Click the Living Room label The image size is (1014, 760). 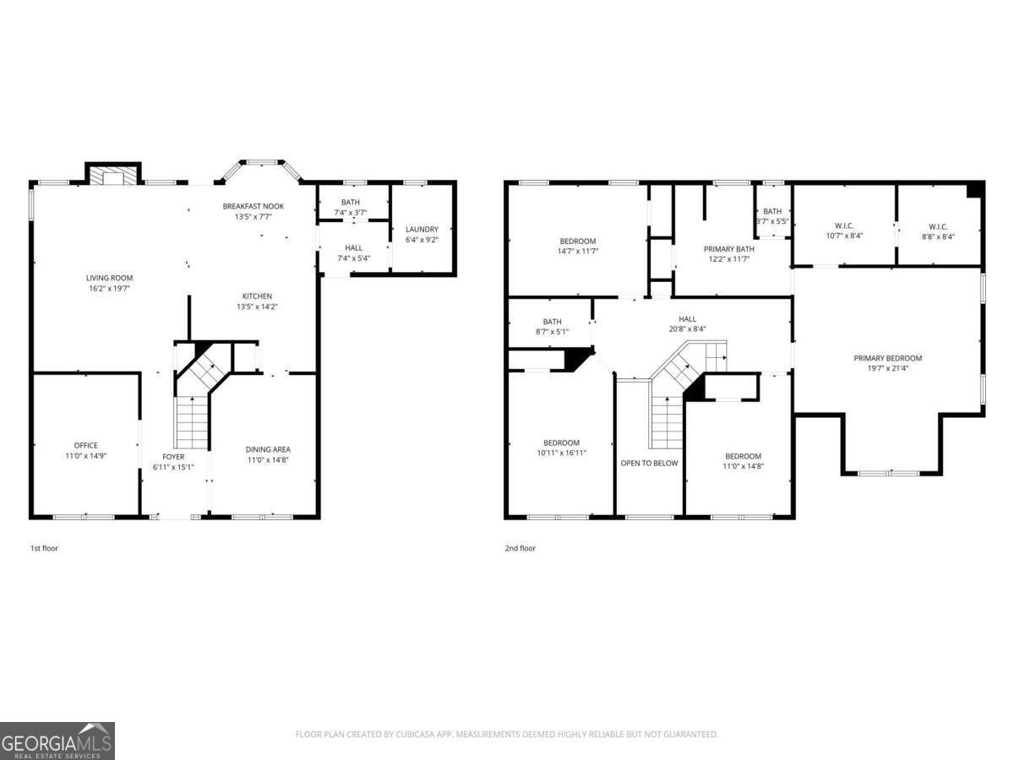tap(109, 278)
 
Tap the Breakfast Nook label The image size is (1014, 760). tap(253, 206)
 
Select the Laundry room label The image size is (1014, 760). tap(422, 229)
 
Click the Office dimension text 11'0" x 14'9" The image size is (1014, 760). tap(85, 456)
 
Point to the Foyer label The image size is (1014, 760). tap(173, 456)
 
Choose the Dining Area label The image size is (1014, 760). tap(268, 449)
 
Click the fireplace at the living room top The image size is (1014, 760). tap(113, 175)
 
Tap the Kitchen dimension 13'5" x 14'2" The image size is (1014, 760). tap(257, 307)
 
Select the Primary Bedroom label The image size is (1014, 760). tap(887, 358)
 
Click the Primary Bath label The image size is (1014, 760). tap(728, 249)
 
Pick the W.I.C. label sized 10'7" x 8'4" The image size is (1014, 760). tap(844, 226)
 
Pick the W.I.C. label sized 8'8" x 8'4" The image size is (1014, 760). tap(938, 226)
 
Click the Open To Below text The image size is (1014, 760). tap(649, 463)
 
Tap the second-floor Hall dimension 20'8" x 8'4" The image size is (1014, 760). tap(687, 329)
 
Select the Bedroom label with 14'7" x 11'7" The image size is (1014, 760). tap(577, 242)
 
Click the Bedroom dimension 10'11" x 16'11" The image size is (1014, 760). tap(561, 453)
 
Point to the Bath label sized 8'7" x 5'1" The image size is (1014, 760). tap(552, 322)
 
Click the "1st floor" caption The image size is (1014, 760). tap(44, 548)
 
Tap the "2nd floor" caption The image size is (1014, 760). tap(521, 548)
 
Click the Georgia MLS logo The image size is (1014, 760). tap(57, 741)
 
